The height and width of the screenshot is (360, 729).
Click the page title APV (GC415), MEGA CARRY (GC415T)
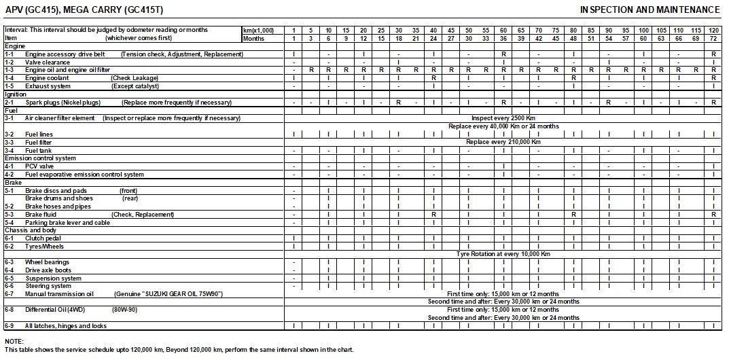click(x=84, y=10)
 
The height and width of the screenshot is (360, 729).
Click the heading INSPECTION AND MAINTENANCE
click(x=650, y=10)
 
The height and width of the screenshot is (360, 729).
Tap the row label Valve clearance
click(x=48, y=62)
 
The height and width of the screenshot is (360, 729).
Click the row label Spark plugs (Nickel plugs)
click(x=62, y=103)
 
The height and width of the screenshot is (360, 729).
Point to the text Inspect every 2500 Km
click(x=503, y=118)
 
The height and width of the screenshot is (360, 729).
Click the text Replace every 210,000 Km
click(x=503, y=142)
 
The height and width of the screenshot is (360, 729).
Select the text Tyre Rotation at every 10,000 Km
click(x=503, y=254)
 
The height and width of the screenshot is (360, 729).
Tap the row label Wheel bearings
click(x=47, y=262)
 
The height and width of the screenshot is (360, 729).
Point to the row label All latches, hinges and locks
click(x=66, y=326)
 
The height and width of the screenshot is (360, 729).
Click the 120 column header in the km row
click(x=713, y=31)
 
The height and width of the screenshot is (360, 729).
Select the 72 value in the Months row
click(x=713, y=38)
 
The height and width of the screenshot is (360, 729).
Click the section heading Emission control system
click(x=41, y=158)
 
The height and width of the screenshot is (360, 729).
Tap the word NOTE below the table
click(x=14, y=341)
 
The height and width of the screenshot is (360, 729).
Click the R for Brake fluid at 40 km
click(x=433, y=215)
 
